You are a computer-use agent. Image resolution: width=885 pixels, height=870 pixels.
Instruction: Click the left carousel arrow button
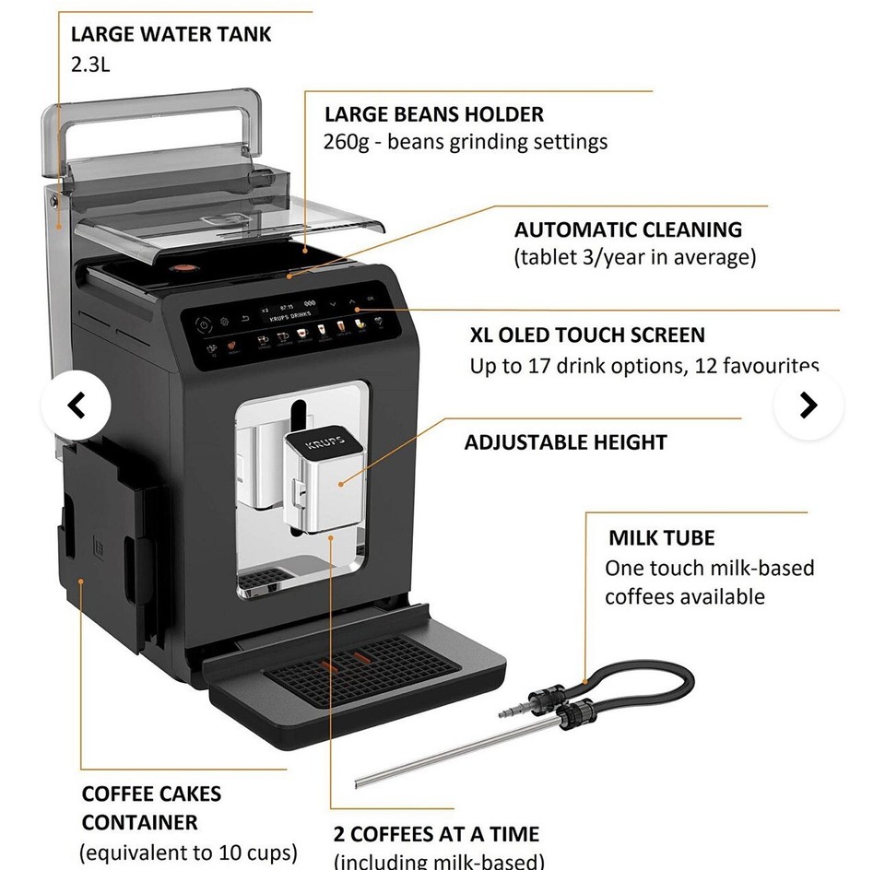(x=77, y=406)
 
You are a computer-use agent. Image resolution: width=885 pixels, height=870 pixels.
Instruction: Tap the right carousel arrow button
(x=808, y=406)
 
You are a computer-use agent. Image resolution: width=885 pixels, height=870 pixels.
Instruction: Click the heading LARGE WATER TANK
(x=171, y=35)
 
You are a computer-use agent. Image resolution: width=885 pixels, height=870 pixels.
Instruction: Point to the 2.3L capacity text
(x=91, y=65)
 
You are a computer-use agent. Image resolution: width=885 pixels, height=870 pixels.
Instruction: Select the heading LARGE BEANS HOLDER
(x=433, y=114)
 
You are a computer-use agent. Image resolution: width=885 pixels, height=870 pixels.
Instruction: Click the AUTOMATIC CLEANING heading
(x=628, y=229)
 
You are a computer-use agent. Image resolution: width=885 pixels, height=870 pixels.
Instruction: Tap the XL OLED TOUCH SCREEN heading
(x=587, y=335)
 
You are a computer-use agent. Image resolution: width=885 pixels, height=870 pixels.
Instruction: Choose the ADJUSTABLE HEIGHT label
(x=565, y=442)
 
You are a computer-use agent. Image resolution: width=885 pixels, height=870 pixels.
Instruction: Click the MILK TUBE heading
(x=661, y=538)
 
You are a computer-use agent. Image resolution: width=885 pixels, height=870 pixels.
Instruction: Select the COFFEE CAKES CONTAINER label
(x=151, y=807)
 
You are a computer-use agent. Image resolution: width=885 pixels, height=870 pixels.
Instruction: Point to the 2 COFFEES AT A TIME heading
(x=436, y=835)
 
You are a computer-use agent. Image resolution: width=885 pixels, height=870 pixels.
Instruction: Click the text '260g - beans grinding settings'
(x=466, y=142)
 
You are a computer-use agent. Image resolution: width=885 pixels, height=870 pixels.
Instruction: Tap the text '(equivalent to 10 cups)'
(x=188, y=851)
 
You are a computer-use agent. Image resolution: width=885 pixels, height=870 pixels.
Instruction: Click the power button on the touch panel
(x=202, y=323)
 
